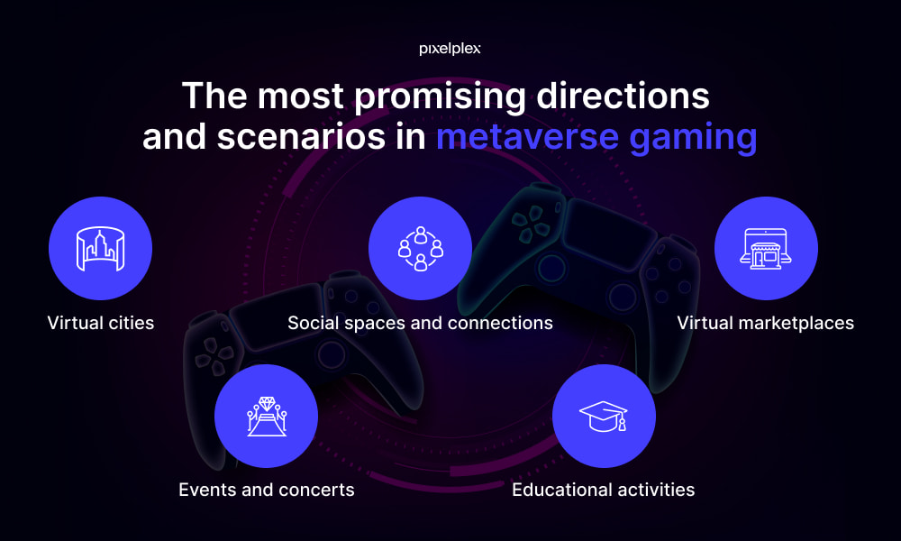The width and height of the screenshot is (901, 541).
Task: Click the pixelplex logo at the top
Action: tap(450, 49)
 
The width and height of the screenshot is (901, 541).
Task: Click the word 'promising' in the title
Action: tap(441, 96)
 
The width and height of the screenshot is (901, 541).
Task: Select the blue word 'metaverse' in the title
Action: tap(527, 137)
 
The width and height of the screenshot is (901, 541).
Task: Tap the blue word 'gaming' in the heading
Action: tap(693, 139)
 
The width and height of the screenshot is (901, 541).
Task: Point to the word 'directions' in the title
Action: tap(623, 96)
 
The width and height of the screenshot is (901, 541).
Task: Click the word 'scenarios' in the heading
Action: tap(301, 137)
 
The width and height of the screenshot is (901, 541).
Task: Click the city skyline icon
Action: tap(101, 248)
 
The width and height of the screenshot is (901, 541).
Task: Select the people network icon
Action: tap(421, 248)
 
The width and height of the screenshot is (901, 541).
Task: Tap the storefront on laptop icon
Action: tap(765, 248)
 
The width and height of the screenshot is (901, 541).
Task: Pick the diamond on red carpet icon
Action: tap(267, 416)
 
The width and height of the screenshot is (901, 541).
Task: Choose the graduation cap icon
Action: tap(604, 416)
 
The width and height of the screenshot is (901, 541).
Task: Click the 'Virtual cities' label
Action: tap(101, 323)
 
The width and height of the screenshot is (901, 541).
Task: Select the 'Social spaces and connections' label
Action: tap(420, 323)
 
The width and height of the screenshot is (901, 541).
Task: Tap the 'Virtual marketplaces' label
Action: tap(765, 323)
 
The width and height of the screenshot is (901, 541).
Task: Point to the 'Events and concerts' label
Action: tap(267, 490)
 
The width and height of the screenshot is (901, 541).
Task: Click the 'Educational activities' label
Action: tap(604, 490)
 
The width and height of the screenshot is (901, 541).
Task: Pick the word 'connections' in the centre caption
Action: tap(500, 324)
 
